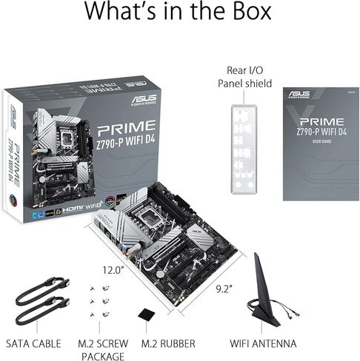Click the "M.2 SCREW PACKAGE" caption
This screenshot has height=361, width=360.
pyautogui.click(x=102, y=350)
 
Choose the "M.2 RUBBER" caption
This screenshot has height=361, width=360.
pyautogui.click(x=169, y=344)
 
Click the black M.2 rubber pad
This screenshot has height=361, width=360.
pyautogui.click(x=148, y=314)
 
